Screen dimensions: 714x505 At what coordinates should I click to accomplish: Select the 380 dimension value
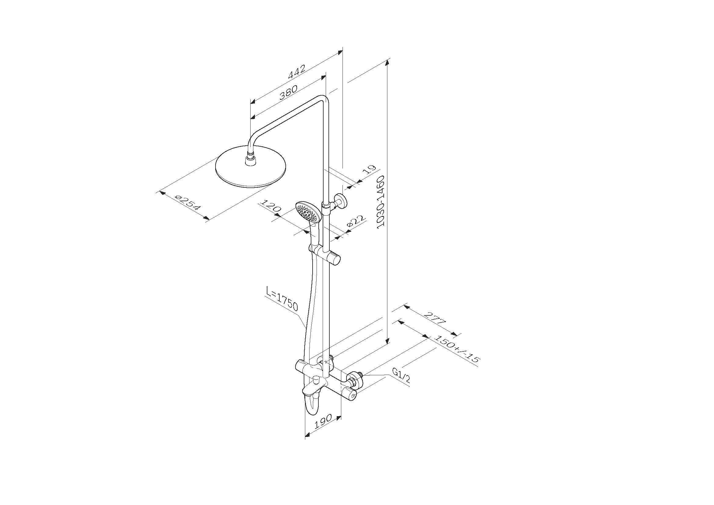tap(288, 92)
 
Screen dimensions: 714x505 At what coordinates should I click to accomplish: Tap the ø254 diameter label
tap(188, 203)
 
